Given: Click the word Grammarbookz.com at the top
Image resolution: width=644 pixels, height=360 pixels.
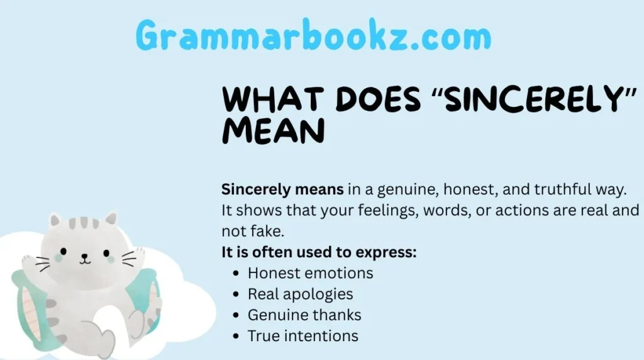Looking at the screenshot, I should point(313,35).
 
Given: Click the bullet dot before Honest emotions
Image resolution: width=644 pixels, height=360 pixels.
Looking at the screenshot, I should point(236,274).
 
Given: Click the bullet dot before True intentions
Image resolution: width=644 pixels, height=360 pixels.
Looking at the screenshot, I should point(236,336).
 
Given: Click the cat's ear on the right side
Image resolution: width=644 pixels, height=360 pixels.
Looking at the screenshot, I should point(111,220).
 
